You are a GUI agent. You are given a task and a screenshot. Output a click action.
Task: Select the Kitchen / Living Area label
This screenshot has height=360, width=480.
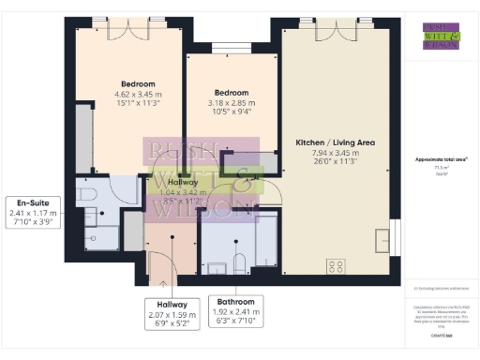(x=335, y=142)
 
